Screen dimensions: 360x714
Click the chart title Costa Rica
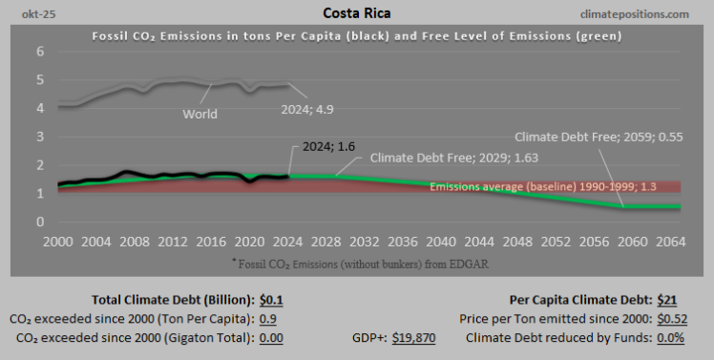(x=356, y=14)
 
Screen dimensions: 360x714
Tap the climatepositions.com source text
(x=646, y=15)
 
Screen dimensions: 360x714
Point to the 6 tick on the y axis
(x=40, y=52)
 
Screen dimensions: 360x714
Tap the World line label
(x=200, y=114)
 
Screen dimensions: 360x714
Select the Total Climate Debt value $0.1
(x=271, y=299)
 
